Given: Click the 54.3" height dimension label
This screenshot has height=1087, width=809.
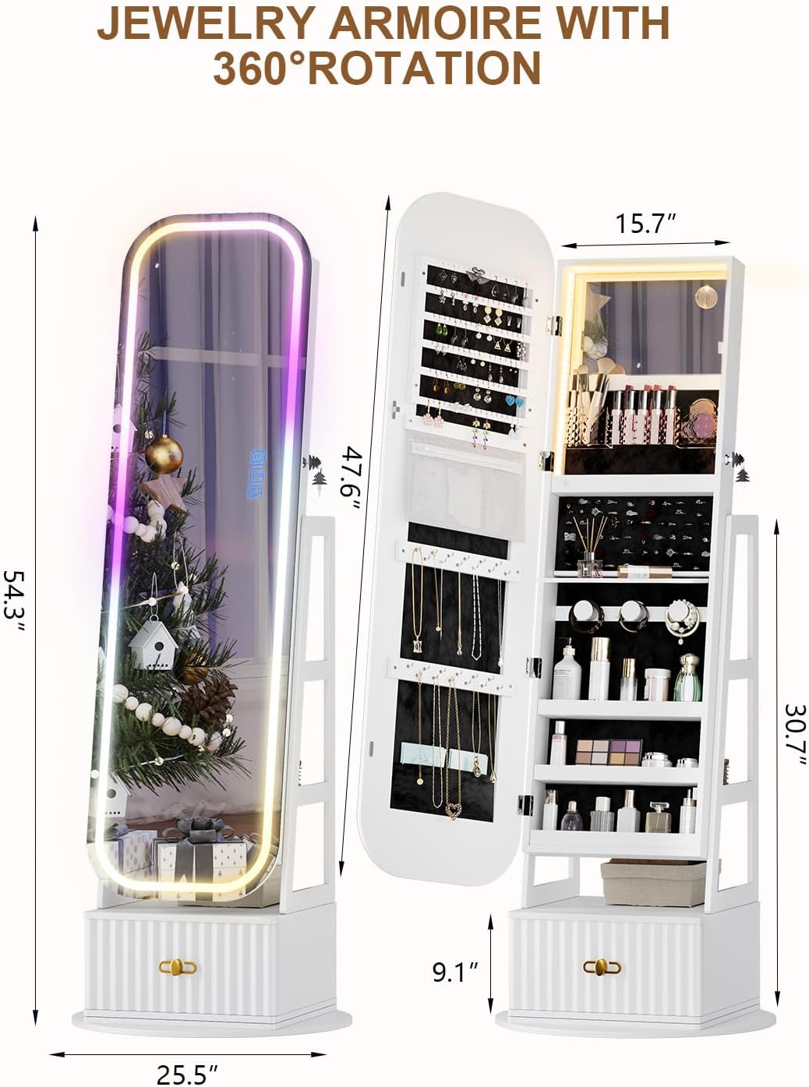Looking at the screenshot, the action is tap(13, 601).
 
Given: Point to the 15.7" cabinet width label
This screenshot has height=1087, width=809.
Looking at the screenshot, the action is tap(645, 224).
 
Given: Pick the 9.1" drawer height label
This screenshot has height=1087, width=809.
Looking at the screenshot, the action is tap(455, 972).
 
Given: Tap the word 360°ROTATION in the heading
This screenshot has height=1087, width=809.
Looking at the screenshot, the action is tap(376, 68).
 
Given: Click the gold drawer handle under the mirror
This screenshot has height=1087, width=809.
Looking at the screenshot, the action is tap(177, 967).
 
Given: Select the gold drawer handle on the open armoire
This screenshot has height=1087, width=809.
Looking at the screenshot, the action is tap(602, 967).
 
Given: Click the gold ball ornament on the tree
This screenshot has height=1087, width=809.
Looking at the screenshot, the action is tap(164, 454).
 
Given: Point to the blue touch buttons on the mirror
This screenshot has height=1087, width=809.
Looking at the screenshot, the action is tap(257, 475).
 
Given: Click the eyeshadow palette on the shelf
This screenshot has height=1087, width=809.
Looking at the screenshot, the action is tap(608, 752).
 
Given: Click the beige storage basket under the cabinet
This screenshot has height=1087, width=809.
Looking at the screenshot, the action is tap(654, 882).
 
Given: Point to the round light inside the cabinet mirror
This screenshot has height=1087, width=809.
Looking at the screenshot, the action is tap(706, 295).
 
